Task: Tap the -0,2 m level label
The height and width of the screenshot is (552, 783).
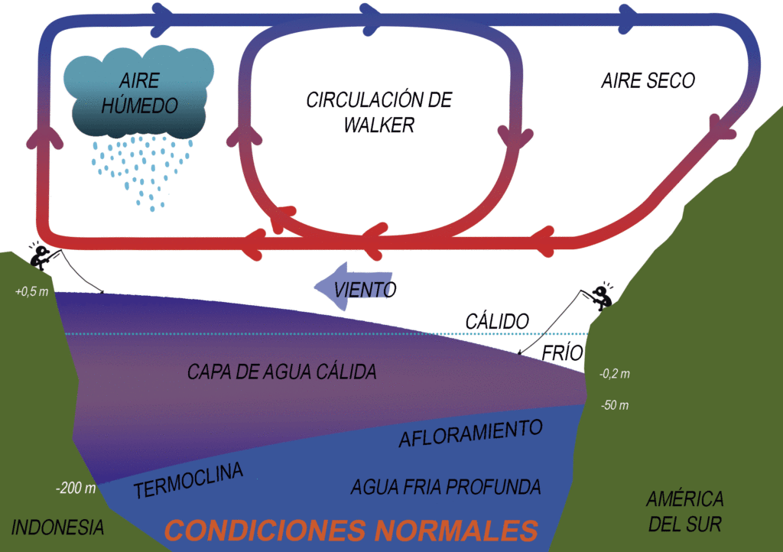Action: click(x=614, y=374)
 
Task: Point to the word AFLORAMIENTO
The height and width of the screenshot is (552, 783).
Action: click(x=471, y=433)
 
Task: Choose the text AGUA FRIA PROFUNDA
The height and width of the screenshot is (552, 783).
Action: click(x=446, y=486)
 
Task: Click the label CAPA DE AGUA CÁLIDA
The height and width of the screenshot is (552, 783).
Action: click(x=281, y=372)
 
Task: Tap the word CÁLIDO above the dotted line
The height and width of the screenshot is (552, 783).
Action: click(x=497, y=321)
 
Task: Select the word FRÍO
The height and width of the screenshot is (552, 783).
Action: click(x=562, y=352)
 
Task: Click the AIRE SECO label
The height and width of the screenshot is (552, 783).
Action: click(x=648, y=80)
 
